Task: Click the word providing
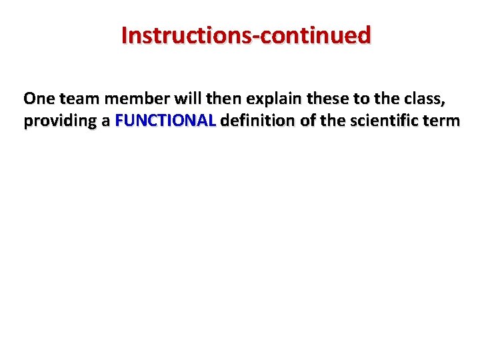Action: (x=60, y=122)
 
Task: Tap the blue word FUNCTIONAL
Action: (x=165, y=121)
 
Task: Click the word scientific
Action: (x=385, y=121)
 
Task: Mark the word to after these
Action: (x=361, y=99)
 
